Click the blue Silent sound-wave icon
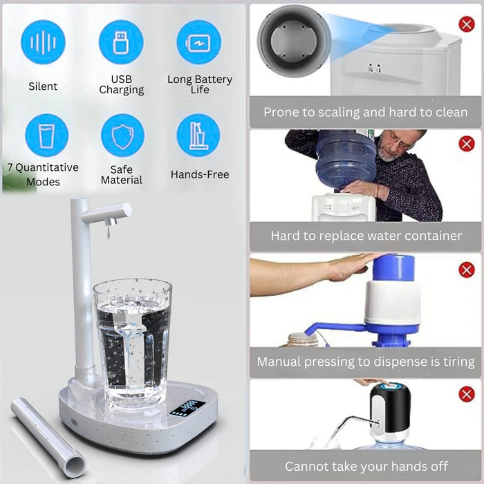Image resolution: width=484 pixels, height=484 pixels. point(43,42)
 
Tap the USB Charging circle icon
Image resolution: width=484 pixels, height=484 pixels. point(121,42)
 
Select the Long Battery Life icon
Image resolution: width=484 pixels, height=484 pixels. point(199,42)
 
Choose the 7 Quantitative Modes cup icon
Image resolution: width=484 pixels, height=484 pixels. point(46,136)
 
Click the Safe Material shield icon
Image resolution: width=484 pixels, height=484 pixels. point(122,136)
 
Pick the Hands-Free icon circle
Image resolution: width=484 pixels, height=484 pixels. point(198,136)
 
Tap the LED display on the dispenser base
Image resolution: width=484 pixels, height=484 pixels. point(187,408)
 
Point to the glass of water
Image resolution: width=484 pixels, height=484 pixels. point(133,343)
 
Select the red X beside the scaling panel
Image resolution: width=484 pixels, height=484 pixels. point(467,24)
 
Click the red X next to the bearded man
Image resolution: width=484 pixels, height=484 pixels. point(467,144)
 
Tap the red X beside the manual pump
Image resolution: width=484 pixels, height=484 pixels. point(467,270)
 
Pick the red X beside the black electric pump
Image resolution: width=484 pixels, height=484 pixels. point(467,394)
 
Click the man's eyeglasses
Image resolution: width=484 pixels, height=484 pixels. point(400,140)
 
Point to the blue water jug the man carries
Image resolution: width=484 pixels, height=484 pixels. point(346,160)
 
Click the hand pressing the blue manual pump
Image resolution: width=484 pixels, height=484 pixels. point(348,268)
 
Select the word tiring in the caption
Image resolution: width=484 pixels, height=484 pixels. point(458,362)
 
